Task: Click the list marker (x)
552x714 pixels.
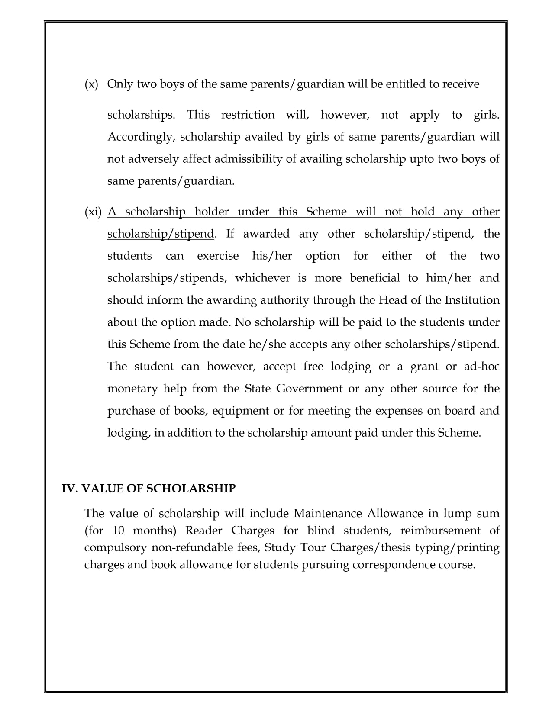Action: click(x=91, y=84)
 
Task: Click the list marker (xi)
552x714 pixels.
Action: click(x=93, y=212)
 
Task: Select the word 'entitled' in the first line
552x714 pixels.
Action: click(x=405, y=84)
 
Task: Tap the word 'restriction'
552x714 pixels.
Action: click(x=248, y=115)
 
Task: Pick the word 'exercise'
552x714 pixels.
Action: click(x=218, y=256)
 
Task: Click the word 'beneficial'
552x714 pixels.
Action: click(x=374, y=278)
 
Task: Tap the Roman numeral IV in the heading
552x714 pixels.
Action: click(x=69, y=489)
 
